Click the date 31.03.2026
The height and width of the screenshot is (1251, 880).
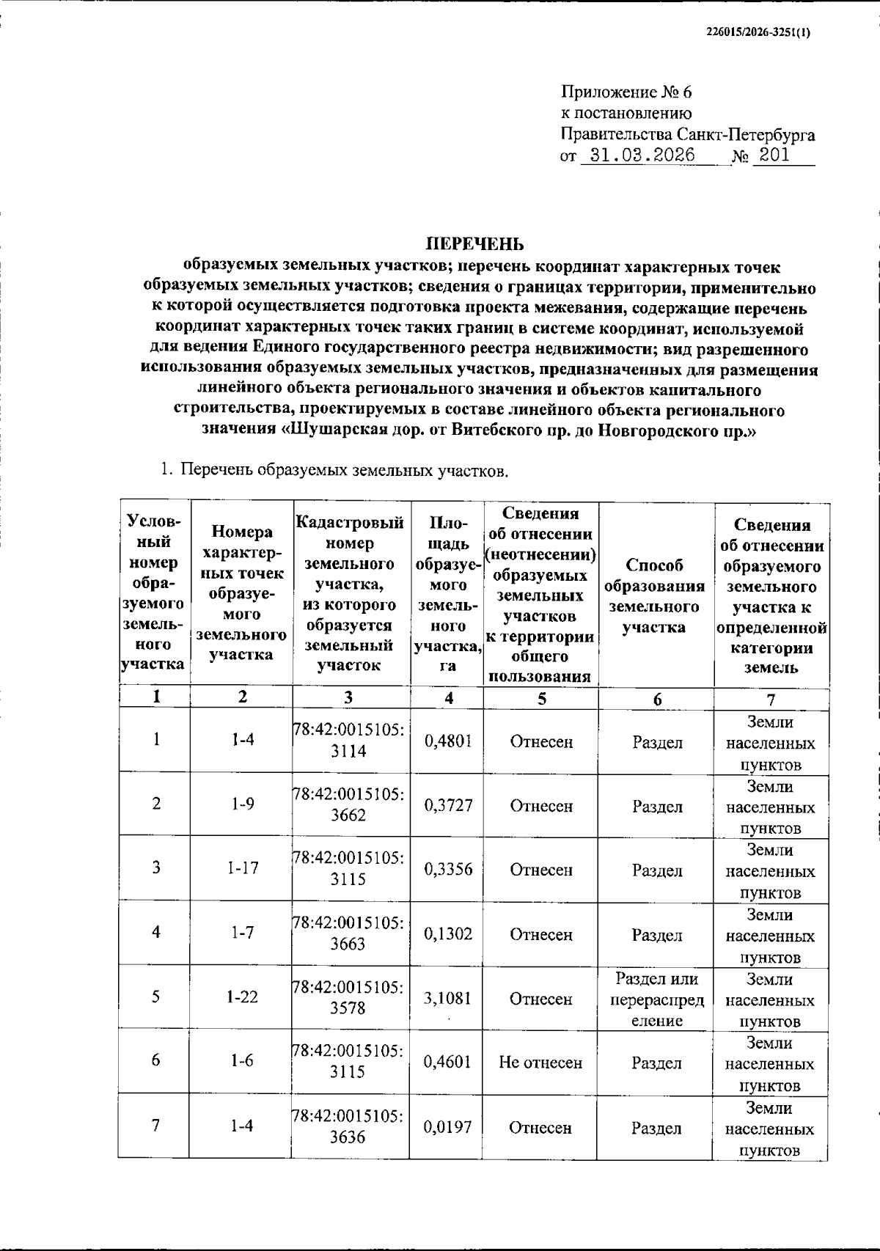click(x=637, y=155)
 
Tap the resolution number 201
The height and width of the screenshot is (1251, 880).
click(x=774, y=155)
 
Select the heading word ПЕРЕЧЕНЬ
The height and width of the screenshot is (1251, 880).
click(x=477, y=243)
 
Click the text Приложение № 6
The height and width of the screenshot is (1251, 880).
click(x=626, y=92)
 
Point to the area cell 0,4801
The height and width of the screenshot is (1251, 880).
click(x=448, y=741)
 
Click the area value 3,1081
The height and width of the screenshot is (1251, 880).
click(x=448, y=998)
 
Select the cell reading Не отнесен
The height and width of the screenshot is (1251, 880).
click(x=540, y=1063)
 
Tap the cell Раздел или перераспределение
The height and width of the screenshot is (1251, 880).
click(x=657, y=999)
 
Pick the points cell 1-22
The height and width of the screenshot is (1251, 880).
click(x=242, y=997)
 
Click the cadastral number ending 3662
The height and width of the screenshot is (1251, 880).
click(x=349, y=805)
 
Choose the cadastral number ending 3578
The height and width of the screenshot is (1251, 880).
click(x=349, y=998)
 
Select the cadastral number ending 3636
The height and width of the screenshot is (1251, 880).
click(x=349, y=1126)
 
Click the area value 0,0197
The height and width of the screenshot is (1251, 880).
click(x=448, y=1127)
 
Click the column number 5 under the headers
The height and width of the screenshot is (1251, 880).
click(x=541, y=699)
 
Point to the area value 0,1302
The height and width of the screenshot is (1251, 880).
click(x=448, y=934)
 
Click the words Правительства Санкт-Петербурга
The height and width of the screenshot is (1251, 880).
click(x=687, y=135)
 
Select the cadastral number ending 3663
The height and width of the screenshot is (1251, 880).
click(x=349, y=933)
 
